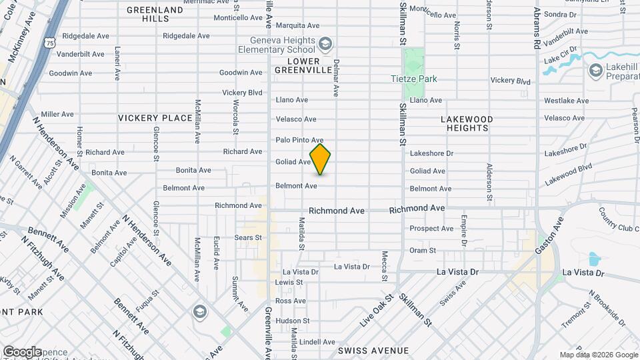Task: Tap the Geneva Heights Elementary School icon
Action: click(325, 45)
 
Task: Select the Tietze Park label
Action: click(413, 79)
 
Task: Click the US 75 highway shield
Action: click(49, 42)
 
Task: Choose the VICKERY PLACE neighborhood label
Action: click(155, 118)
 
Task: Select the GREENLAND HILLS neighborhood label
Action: click(155, 14)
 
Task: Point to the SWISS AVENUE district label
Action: click(373, 350)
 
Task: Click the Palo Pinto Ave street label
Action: click(299, 140)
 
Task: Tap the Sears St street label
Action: click(248, 237)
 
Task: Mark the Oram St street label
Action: click(422, 251)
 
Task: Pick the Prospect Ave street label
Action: click(431, 229)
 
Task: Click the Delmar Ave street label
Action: click(337, 74)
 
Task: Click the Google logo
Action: click(22, 352)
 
